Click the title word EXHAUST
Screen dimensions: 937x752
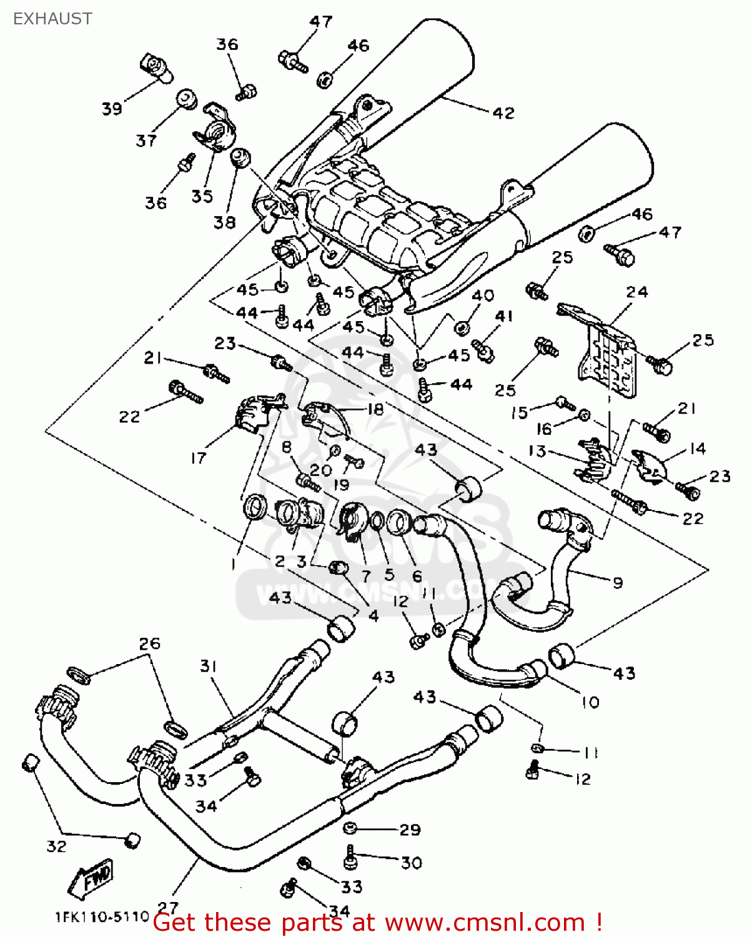tap(52, 19)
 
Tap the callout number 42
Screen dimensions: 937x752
tap(503, 113)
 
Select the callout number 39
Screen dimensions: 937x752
tap(112, 109)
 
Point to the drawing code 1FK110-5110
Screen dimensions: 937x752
tap(102, 917)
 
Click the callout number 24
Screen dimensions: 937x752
tap(637, 292)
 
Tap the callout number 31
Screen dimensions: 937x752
tap(208, 666)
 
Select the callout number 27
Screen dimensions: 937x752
tap(168, 906)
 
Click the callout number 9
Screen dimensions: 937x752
tap(618, 583)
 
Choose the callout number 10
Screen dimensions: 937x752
tap(590, 702)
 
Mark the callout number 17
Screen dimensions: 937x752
tap(198, 459)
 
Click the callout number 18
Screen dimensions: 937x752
tap(375, 409)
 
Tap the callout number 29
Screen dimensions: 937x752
tap(410, 830)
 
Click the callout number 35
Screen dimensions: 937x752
tap(202, 196)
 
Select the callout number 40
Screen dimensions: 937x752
tap(483, 295)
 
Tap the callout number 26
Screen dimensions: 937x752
tap(150, 643)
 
